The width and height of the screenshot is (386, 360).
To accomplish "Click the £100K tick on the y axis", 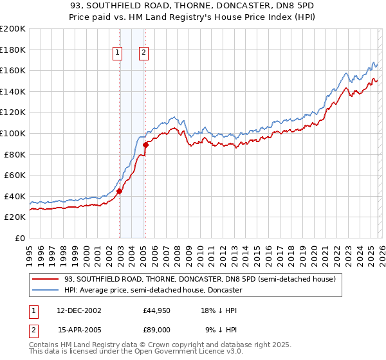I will click(x=13, y=133).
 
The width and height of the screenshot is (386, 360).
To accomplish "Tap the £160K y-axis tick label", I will click(x=13, y=70).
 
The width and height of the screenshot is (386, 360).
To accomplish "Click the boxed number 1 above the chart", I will click(x=119, y=53).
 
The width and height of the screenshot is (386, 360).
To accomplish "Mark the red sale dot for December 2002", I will click(x=120, y=190).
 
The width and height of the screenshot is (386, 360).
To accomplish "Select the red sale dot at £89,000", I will click(x=145, y=145).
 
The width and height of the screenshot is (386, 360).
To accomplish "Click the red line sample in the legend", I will click(x=45, y=280).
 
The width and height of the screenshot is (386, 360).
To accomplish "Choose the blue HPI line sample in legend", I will click(x=45, y=290).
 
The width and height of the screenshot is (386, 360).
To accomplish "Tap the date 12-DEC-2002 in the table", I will click(x=79, y=310).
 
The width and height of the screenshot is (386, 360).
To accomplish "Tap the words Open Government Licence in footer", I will click(x=185, y=352).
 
